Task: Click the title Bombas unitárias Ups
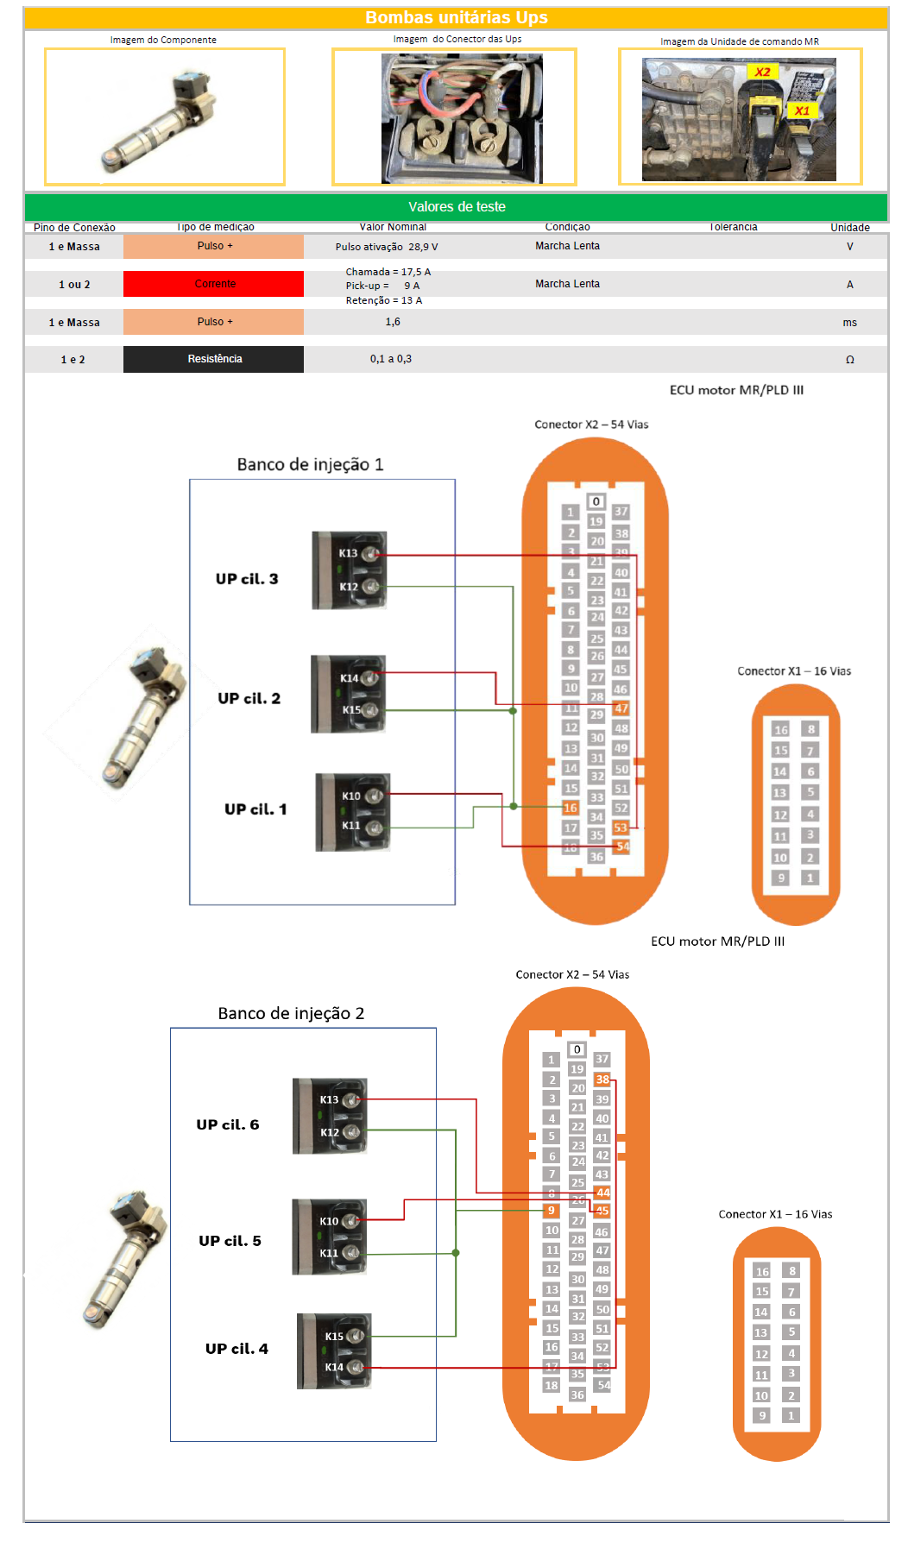pos(456,17)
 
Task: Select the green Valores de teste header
pos(456,207)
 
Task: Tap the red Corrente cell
pos(214,284)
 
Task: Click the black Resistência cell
pos(214,359)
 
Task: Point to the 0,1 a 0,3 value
pos(391,359)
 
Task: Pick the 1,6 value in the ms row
pos(393,322)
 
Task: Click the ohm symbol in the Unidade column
pos(850,360)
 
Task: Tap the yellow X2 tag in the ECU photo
pos(762,72)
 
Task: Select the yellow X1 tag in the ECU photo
pos(802,110)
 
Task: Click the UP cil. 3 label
pos(247,579)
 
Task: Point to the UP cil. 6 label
pos(228,1124)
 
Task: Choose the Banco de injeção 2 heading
pos(291,1013)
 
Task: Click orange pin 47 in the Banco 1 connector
pos(621,708)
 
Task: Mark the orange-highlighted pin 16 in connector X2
pos(571,808)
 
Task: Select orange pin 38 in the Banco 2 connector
pos(602,1080)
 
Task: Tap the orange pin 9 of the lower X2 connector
pos(552,1211)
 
